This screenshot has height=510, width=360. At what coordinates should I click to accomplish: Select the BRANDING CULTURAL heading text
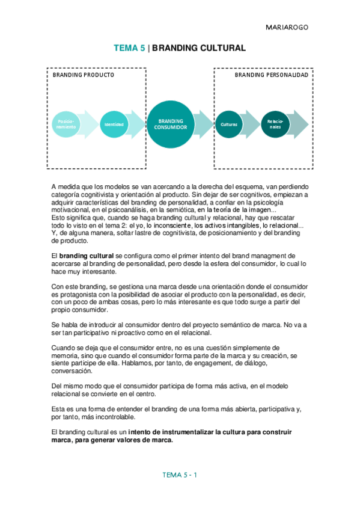(x=199, y=49)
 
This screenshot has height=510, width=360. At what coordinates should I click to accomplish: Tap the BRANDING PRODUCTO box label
(x=83, y=75)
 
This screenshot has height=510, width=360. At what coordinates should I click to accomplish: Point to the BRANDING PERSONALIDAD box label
(x=271, y=75)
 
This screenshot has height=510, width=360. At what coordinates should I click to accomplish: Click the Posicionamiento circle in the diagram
(x=66, y=124)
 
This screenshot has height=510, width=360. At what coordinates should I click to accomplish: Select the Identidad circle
(x=114, y=124)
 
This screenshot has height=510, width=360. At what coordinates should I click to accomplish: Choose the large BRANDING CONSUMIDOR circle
(x=170, y=124)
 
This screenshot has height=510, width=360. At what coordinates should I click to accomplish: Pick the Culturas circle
(x=229, y=124)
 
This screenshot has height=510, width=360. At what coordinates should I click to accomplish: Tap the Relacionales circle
(x=275, y=124)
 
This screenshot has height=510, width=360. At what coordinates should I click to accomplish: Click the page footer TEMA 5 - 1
(x=180, y=475)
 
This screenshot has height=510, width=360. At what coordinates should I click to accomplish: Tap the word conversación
(x=72, y=371)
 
